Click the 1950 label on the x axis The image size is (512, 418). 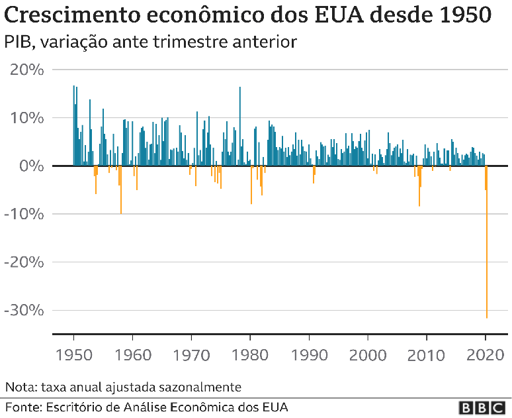(73, 354)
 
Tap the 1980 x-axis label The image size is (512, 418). (250, 354)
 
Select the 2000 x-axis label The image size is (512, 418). (368, 354)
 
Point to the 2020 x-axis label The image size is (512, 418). (486, 354)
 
